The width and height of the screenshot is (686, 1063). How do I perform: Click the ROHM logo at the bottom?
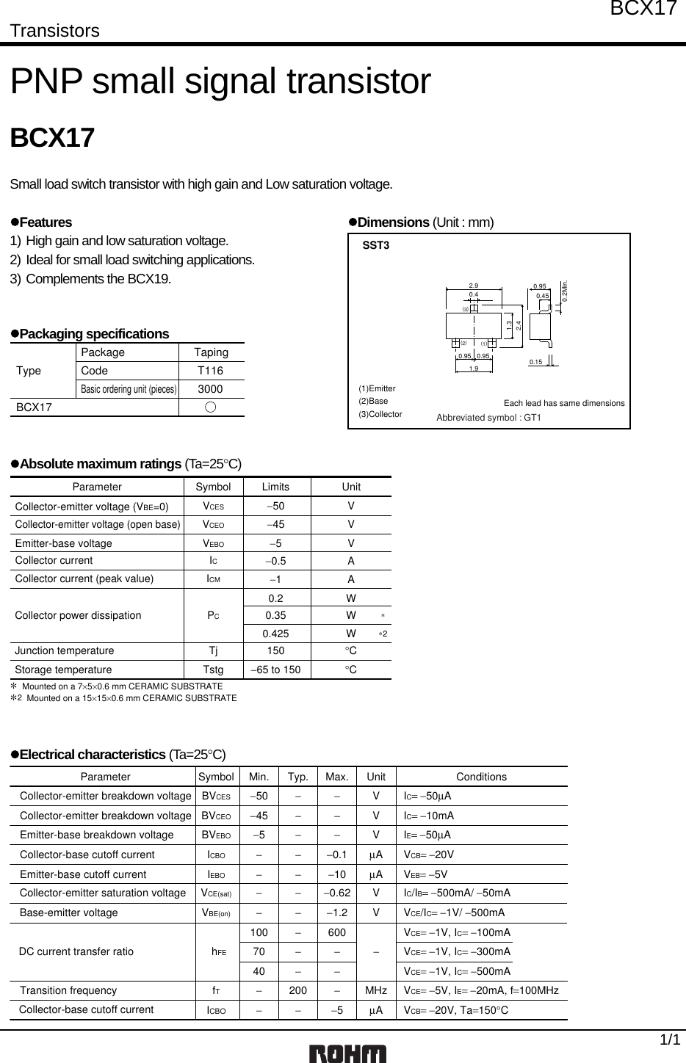(347, 1053)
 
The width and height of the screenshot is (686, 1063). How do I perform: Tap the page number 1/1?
(668, 1040)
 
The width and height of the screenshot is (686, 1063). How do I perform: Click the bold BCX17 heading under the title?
(52, 138)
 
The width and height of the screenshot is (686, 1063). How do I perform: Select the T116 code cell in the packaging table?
(211, 371)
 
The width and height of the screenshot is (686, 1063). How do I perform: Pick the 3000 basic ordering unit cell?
(211, 389)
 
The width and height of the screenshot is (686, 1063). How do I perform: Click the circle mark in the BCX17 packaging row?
(211, 407)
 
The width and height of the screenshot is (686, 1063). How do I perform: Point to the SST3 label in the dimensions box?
(376, 245)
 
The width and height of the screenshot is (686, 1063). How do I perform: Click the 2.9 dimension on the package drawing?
(474, 286)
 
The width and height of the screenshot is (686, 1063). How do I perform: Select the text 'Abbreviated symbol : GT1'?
(488, 418)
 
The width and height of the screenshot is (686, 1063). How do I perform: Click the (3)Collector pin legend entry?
(380, 414)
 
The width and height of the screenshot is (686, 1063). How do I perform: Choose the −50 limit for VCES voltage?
(275, 506)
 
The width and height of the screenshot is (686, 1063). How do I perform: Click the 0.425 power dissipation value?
(275, 633)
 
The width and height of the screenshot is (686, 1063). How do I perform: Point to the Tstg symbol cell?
(212, 670)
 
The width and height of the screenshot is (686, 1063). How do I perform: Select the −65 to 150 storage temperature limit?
(275, 670)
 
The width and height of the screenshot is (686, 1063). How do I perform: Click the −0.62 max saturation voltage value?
(336, 893)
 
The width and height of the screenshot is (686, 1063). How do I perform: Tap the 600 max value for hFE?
(336, 932)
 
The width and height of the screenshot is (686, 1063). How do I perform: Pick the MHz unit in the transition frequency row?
(376, 990)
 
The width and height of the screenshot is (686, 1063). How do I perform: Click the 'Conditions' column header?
(481, 777)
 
